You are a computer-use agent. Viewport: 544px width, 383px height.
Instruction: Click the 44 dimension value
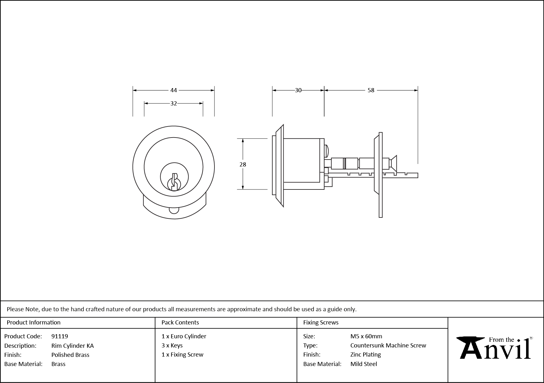(x=174, y=90)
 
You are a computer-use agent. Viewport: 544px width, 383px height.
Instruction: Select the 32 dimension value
(x=174, y=103)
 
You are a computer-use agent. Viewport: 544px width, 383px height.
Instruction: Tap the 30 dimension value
(x=298, y=90)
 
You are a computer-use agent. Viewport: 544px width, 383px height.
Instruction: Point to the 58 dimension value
(x=371, y=90)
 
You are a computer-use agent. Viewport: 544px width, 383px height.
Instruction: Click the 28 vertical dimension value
(x=243, y=164)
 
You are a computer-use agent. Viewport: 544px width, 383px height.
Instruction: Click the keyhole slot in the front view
(x=174, y=182)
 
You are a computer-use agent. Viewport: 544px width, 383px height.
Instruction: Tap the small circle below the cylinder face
(x=174, y=210)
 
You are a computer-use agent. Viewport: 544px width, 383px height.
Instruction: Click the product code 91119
(x=59, y=336)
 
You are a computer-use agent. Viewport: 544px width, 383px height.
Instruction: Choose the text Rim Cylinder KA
(x=72, y=346)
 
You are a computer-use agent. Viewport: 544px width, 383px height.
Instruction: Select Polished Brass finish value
(x=70, y=355)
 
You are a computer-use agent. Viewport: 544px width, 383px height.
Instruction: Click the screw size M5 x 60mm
(x=366, y=336)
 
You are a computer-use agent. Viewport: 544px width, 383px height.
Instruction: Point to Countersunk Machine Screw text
(x=388, y=345)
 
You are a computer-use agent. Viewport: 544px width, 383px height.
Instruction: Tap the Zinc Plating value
(x=365, y=354)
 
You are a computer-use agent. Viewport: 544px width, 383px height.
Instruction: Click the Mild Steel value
(x=364, y=364)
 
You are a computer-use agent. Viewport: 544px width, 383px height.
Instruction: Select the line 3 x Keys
(x=172, y=345)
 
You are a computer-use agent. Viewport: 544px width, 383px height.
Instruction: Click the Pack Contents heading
(x=180, y=322)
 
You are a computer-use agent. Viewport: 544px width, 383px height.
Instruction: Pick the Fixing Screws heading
(x=321, y=322)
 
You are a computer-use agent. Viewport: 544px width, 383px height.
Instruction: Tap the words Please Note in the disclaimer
(x=23, y=309)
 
